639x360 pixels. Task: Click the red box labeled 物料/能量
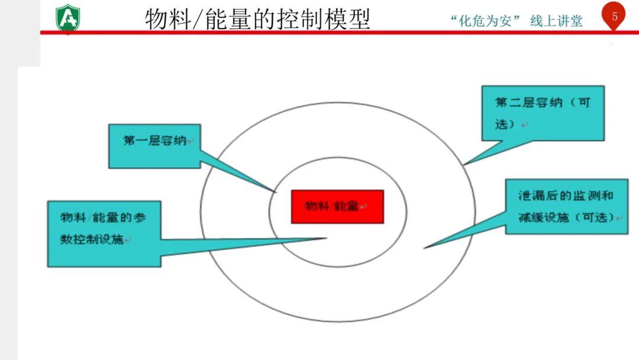[337, 207]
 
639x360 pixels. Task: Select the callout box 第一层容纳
[154, 146]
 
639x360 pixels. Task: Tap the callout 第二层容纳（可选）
[543, 113]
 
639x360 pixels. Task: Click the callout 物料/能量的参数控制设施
[104, 233]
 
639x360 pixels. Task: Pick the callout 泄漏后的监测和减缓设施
[566, 206]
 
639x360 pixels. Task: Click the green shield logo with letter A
[67, 19]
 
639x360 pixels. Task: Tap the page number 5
[615, 16]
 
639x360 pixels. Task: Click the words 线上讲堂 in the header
[556, 21]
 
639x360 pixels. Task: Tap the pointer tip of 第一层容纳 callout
[276, 191]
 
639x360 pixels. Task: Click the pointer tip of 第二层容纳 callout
[464, 164]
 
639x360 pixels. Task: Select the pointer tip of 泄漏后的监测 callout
[425, 247]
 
